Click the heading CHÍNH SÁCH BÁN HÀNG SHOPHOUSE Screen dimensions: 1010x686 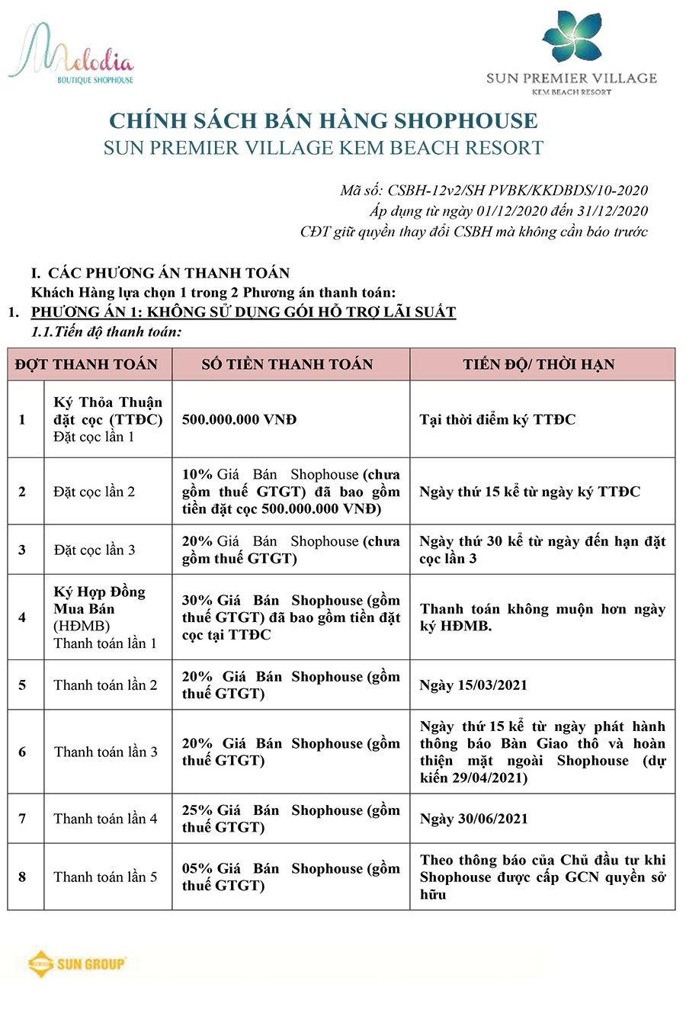pyautogui.click(x=323, y=121)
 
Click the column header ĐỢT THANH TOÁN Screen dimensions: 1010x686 pyautogui.click(x=86, y=364)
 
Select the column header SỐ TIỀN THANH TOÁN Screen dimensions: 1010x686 pyautogui.click(x=287, y=364)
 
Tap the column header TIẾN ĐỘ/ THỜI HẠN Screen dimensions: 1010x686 pyautogui.click(x=538, y=364)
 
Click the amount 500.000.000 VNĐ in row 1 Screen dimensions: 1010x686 pyautogui.click(x=239, y=419)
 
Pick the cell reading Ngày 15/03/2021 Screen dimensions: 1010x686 pyautogui.click(x=473, y=685)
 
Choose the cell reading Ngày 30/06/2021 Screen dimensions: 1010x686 pyautogui.click(x=473, y=819)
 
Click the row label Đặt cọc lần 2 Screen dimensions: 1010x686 pyautogui.click(x=94, y=492)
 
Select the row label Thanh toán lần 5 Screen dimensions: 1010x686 pyautogui.click(x=105, y=877)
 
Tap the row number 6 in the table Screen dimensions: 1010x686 pyautogui.click(x=22, y=752)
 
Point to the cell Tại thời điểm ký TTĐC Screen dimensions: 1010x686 pyautogui.click(x=497, y=419)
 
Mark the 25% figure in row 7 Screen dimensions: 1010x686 pyautogui.click(x=197, y=810)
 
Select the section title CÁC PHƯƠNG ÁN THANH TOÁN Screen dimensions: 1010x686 pyautogui.click(x=168, y=273)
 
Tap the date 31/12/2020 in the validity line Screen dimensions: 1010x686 pyautogui.click(x=614, y=211)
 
